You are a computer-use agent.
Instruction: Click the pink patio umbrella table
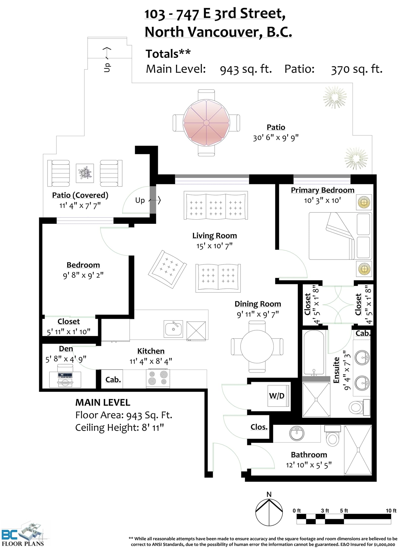206,123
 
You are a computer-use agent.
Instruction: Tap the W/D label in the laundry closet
276,395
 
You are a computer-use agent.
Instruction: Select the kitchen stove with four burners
158,378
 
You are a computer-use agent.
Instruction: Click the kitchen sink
173,329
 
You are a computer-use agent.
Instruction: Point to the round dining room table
257,347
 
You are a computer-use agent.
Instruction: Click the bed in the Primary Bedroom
340,236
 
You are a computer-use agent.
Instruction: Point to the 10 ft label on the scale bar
391,511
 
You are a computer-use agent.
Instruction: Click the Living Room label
215,235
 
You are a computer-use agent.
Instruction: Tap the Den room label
66,349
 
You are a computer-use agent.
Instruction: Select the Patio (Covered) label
80,195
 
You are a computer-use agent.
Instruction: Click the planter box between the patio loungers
85,173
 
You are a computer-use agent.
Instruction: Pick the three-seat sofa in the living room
216,205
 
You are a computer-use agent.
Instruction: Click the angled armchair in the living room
167,269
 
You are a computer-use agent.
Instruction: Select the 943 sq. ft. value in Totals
246,69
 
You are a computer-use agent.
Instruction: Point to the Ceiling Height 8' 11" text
119,428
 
